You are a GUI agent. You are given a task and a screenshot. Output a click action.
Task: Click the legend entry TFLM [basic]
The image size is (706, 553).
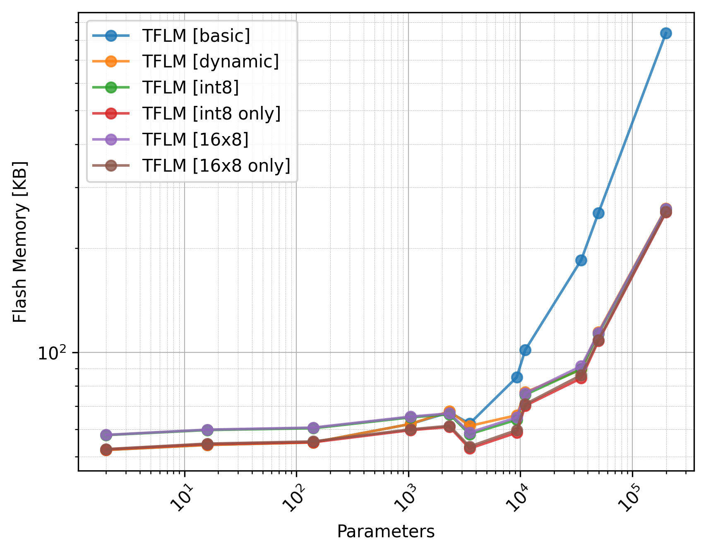coord(196,36)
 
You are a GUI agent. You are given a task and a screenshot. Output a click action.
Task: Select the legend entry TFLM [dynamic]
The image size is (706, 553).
coord(210,62)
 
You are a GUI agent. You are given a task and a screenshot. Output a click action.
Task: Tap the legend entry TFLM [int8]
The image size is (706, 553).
coord(190,88)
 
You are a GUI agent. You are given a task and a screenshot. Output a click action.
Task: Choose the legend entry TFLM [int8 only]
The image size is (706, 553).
coord(211,114)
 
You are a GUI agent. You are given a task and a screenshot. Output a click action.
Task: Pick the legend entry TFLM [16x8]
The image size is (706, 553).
coord(195,140)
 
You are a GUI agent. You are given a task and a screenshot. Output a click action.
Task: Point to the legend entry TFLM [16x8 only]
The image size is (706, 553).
coord(216,166)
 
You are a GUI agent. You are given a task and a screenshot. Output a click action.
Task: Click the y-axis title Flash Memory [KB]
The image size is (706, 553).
coord(20,242)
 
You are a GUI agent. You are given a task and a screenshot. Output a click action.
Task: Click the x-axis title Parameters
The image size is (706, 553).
coord(386,531)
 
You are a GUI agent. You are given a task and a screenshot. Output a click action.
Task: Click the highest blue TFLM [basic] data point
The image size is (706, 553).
coord(666,34)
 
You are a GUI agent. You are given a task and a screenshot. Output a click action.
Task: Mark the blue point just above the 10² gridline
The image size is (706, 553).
coord(525,350)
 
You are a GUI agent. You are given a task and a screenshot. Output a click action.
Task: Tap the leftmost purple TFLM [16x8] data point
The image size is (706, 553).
coord(106,435)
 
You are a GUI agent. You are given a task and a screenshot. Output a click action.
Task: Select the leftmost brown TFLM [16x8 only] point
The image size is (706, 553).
coord(106,450)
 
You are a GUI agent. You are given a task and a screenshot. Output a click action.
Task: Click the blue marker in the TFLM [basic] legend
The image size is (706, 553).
coord(111,36)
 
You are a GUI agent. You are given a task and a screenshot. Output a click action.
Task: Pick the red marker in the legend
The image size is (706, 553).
coord(111,114)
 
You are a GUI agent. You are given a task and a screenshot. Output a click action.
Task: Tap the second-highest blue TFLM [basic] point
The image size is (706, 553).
coord(598,213)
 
